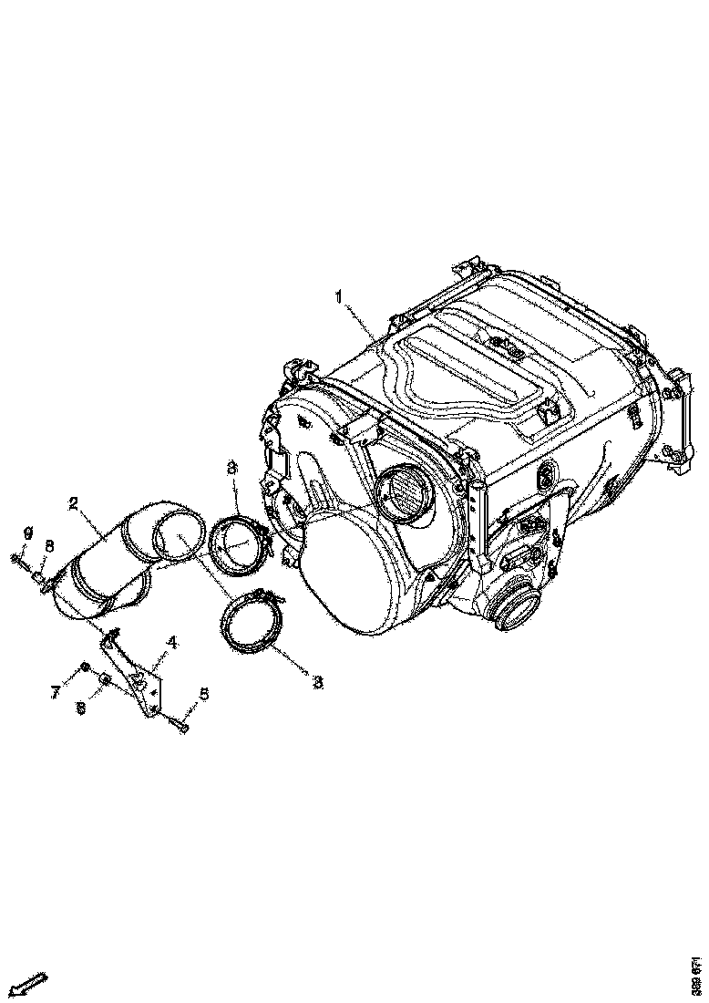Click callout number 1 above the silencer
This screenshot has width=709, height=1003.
[337, 296]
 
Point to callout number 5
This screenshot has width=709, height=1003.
[204, 695]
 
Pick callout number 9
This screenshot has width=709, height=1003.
[27, 533]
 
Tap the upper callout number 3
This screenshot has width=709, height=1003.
[232, 468]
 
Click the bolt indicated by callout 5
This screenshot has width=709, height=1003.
[179, 725]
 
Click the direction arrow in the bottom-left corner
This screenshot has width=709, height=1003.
[31, 985]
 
